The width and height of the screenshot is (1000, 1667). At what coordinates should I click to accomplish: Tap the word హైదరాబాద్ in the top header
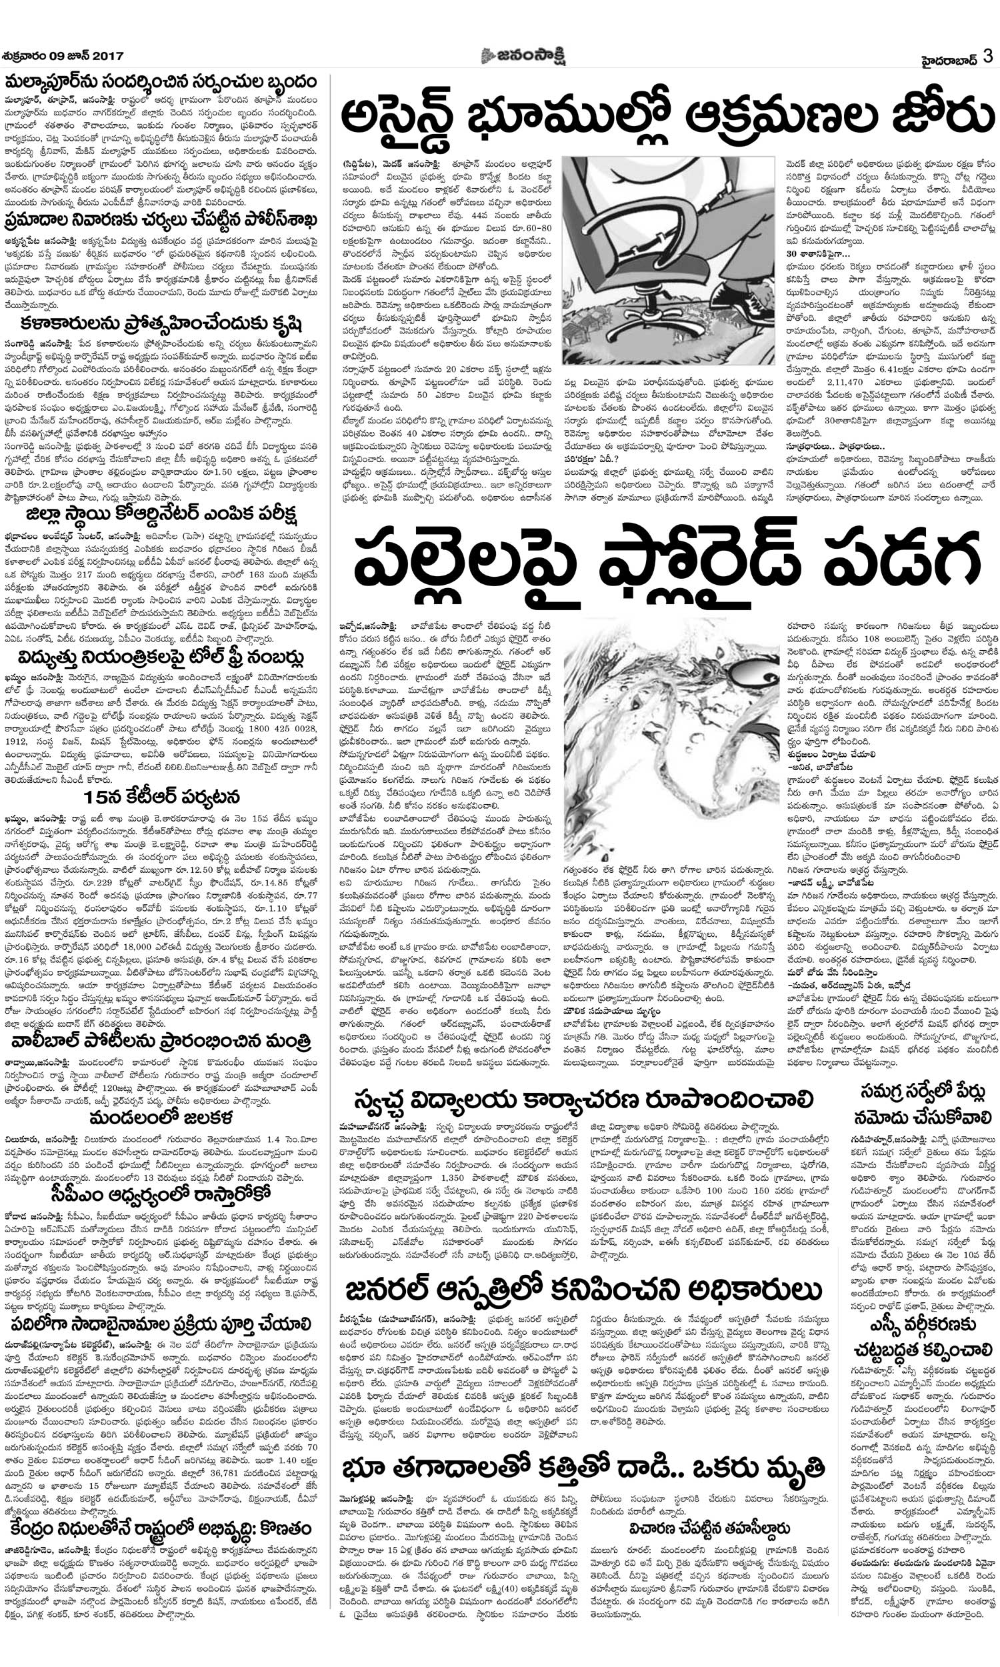[950, 58]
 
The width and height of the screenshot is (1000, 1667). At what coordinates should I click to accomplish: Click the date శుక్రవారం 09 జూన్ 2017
[63, 57]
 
